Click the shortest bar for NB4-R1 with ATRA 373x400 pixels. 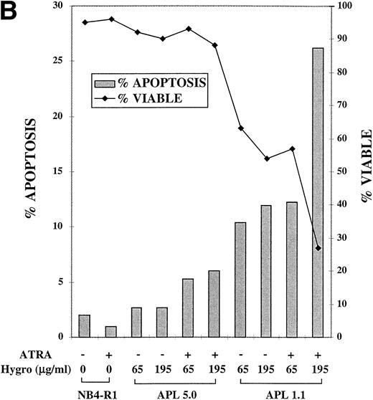110,331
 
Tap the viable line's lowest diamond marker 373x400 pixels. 318,248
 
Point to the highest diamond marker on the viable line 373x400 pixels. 110,19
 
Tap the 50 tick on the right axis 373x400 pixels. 336,171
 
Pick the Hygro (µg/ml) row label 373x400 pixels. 34,368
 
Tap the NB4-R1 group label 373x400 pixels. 98,392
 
